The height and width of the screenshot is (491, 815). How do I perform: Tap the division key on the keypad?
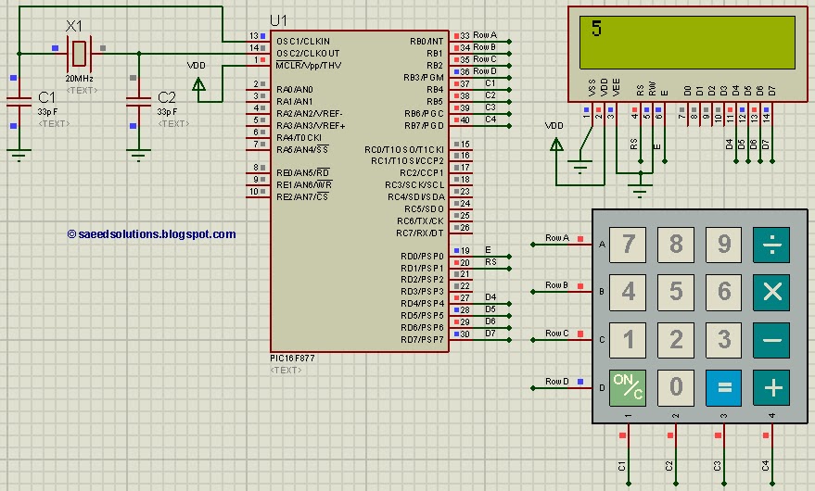pyautogui.click(x=771, y=245)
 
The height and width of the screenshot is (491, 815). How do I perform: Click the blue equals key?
pyautogui.click(x=724, y=386)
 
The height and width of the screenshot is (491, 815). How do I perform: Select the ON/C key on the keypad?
pyautogui.click(x=629, y=386)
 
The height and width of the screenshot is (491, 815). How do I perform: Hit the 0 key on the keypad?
pyautogui.click(x=676, y=386)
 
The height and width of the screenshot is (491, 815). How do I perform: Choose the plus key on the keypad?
pyautogui.click(x=771, y=386)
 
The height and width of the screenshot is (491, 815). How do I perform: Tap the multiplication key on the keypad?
pyautogui.click(x=771, y=292)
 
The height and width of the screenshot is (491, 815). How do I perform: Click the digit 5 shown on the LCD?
pyautogui.click(x=596, y=29)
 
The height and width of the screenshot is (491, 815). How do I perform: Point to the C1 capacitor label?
pyautogui.click(x=47, y=96)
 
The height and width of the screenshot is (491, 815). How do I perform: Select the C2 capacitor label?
pyautogui.click(x=167, y=96)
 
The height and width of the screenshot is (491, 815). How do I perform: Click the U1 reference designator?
pyautogui.click(x=279, y=20)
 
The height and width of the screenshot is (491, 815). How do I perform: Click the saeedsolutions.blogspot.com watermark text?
pyautogui.click(x=152, y=234)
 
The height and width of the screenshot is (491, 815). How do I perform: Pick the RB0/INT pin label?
pyautogui.click(x=427, y=42)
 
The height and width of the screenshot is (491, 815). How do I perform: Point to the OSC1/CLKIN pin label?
pyautogui.click(x=302, y=42)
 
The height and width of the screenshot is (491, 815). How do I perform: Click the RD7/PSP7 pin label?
pyautogui.click(x=422, y=339)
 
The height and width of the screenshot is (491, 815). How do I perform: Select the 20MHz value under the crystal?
pyautogui.click(x=80, y=80)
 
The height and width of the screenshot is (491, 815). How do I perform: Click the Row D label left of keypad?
pyautogui.click(x=556, y=381)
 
